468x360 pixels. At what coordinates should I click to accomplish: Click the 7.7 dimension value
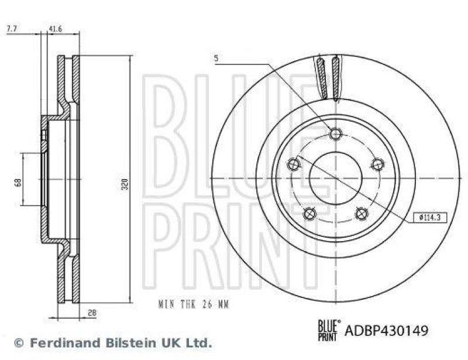(x=12, y=28)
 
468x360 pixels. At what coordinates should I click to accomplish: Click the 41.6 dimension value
(x=56, y=28)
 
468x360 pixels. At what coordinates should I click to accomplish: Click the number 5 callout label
(x=216, y=59)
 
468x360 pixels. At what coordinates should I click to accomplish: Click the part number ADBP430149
(x=387, y=331)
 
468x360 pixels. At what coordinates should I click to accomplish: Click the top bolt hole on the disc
(x=335, y=134)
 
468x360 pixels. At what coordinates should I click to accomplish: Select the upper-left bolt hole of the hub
(x=294, y=165)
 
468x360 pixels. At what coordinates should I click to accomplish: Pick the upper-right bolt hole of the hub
(x=377, y=164)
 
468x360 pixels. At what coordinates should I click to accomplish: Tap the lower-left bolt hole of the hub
(x=310, y=213)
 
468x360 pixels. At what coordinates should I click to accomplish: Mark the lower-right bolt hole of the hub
(x=361, y=213)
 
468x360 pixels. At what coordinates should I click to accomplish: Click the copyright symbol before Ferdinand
(x=19, y=342)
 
